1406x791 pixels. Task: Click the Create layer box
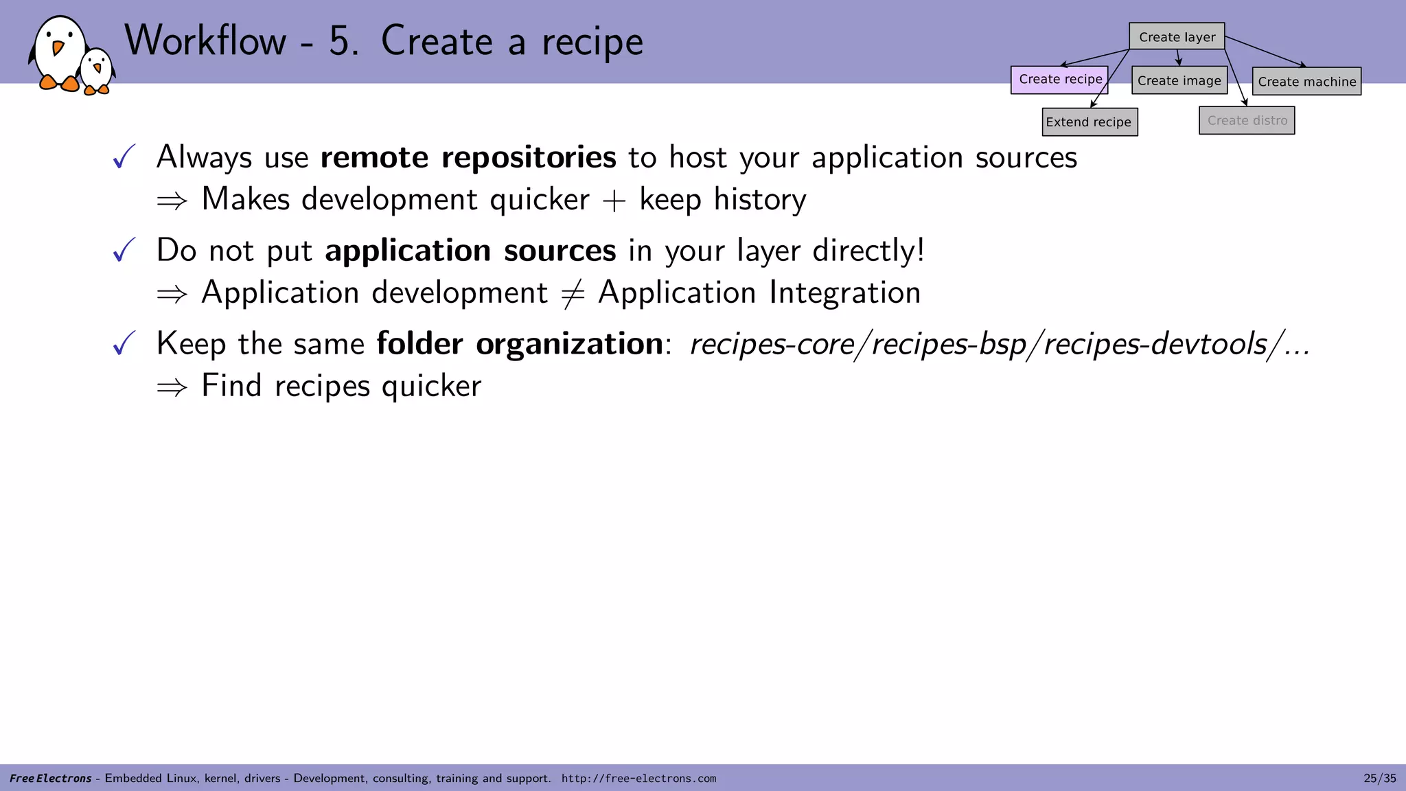point(1177,37)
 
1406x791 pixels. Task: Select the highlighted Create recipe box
point(1059,80)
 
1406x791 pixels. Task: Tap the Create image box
point(1179,81)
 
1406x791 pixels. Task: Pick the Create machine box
point(1306,82)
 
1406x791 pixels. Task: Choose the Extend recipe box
point(1090,122)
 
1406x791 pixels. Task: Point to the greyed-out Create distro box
point(1247,121)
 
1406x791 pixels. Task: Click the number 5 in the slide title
point(341,41)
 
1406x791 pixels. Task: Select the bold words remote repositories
point(468,157)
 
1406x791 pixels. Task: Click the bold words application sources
point(470,251)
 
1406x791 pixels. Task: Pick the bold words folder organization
point(520,343)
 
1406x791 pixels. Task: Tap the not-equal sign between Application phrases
point(573,294)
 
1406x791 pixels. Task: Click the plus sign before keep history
point(614,200)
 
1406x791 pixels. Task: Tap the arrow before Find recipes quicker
point(172,387)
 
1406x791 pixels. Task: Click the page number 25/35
point(1379,778)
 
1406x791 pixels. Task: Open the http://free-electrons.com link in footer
point(638,778)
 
